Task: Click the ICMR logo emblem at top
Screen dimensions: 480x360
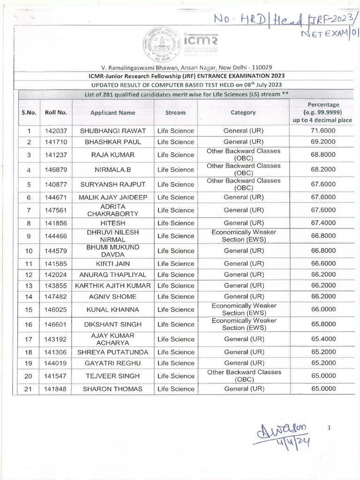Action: click(x=158, y=42)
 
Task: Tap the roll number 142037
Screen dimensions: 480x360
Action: click(x=56, y=131)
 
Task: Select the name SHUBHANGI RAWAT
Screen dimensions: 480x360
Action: click(x=113, y=131)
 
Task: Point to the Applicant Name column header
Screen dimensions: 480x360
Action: click(x=113, y=112)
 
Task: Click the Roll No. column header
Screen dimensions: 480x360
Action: click(x=56, y=112)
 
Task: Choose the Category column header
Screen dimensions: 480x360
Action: click(x=243, y=112)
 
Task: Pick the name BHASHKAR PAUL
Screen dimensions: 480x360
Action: click(x=113, y=142)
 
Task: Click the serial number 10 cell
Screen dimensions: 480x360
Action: click(x=29, y=251)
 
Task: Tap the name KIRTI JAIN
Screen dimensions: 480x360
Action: click(x=113, y=263)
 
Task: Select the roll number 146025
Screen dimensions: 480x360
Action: click(x=56, y=309)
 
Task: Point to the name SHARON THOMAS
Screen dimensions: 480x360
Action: click(x=113, y=389)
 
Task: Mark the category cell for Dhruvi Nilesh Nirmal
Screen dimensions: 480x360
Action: click(x=243, y=236)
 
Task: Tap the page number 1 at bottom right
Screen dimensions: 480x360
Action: click(x=330, y=427)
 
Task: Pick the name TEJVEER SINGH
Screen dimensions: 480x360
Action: click(x=113, y=376)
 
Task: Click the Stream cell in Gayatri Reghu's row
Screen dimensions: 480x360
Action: click(x=176, y=363)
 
